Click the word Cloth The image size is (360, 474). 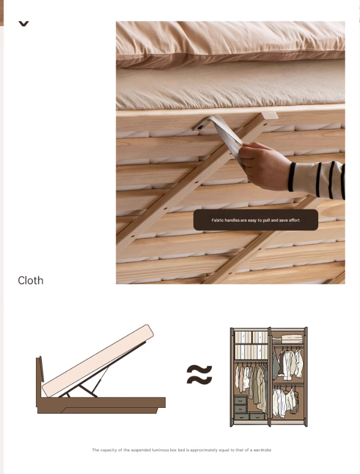[31, 280]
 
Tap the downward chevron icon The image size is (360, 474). [24, 24]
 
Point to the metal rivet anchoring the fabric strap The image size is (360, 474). [200, 127]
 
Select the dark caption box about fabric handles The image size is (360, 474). [255, 220]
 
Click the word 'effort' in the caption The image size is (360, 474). [294, 220]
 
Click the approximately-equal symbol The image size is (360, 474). [199, 374]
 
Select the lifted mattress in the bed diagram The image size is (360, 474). [98, 361]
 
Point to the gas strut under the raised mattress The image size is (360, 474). [102, 378]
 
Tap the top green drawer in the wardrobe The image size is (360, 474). [241, 400]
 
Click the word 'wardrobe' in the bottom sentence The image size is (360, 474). [262, 450]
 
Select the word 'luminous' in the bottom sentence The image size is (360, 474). [160, 450]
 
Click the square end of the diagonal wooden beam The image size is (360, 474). [270, 115]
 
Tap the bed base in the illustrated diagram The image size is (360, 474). [101, 405]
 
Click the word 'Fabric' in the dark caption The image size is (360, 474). [218, 220]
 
